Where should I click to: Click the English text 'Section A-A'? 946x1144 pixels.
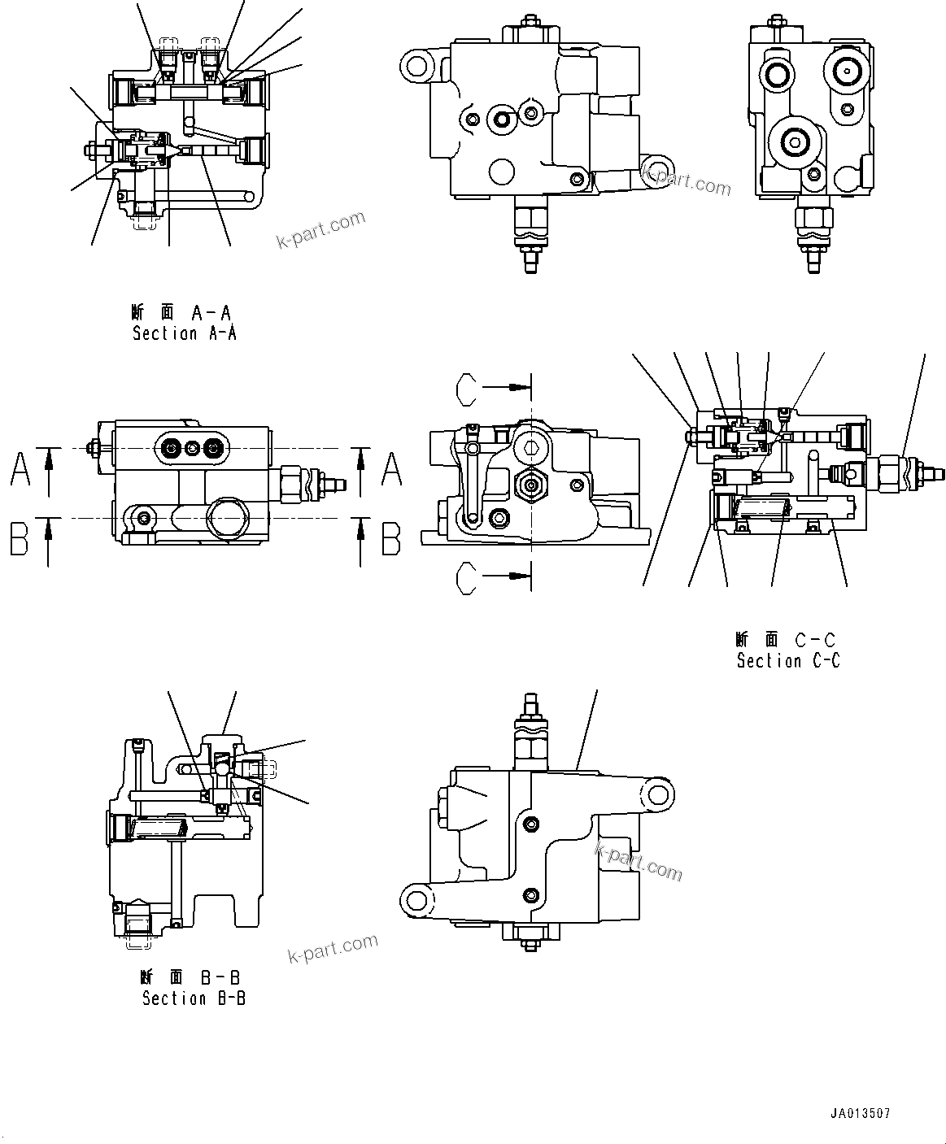185,333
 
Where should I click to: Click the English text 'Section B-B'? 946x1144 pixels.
194,998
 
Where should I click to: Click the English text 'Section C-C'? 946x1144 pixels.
788,661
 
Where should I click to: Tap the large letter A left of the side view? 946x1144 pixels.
20,469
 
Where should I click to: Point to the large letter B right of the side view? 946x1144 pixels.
391,539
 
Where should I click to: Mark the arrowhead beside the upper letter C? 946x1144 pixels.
516,389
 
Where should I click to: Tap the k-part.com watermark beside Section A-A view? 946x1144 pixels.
321,230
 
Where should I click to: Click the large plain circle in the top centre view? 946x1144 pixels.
502,172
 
